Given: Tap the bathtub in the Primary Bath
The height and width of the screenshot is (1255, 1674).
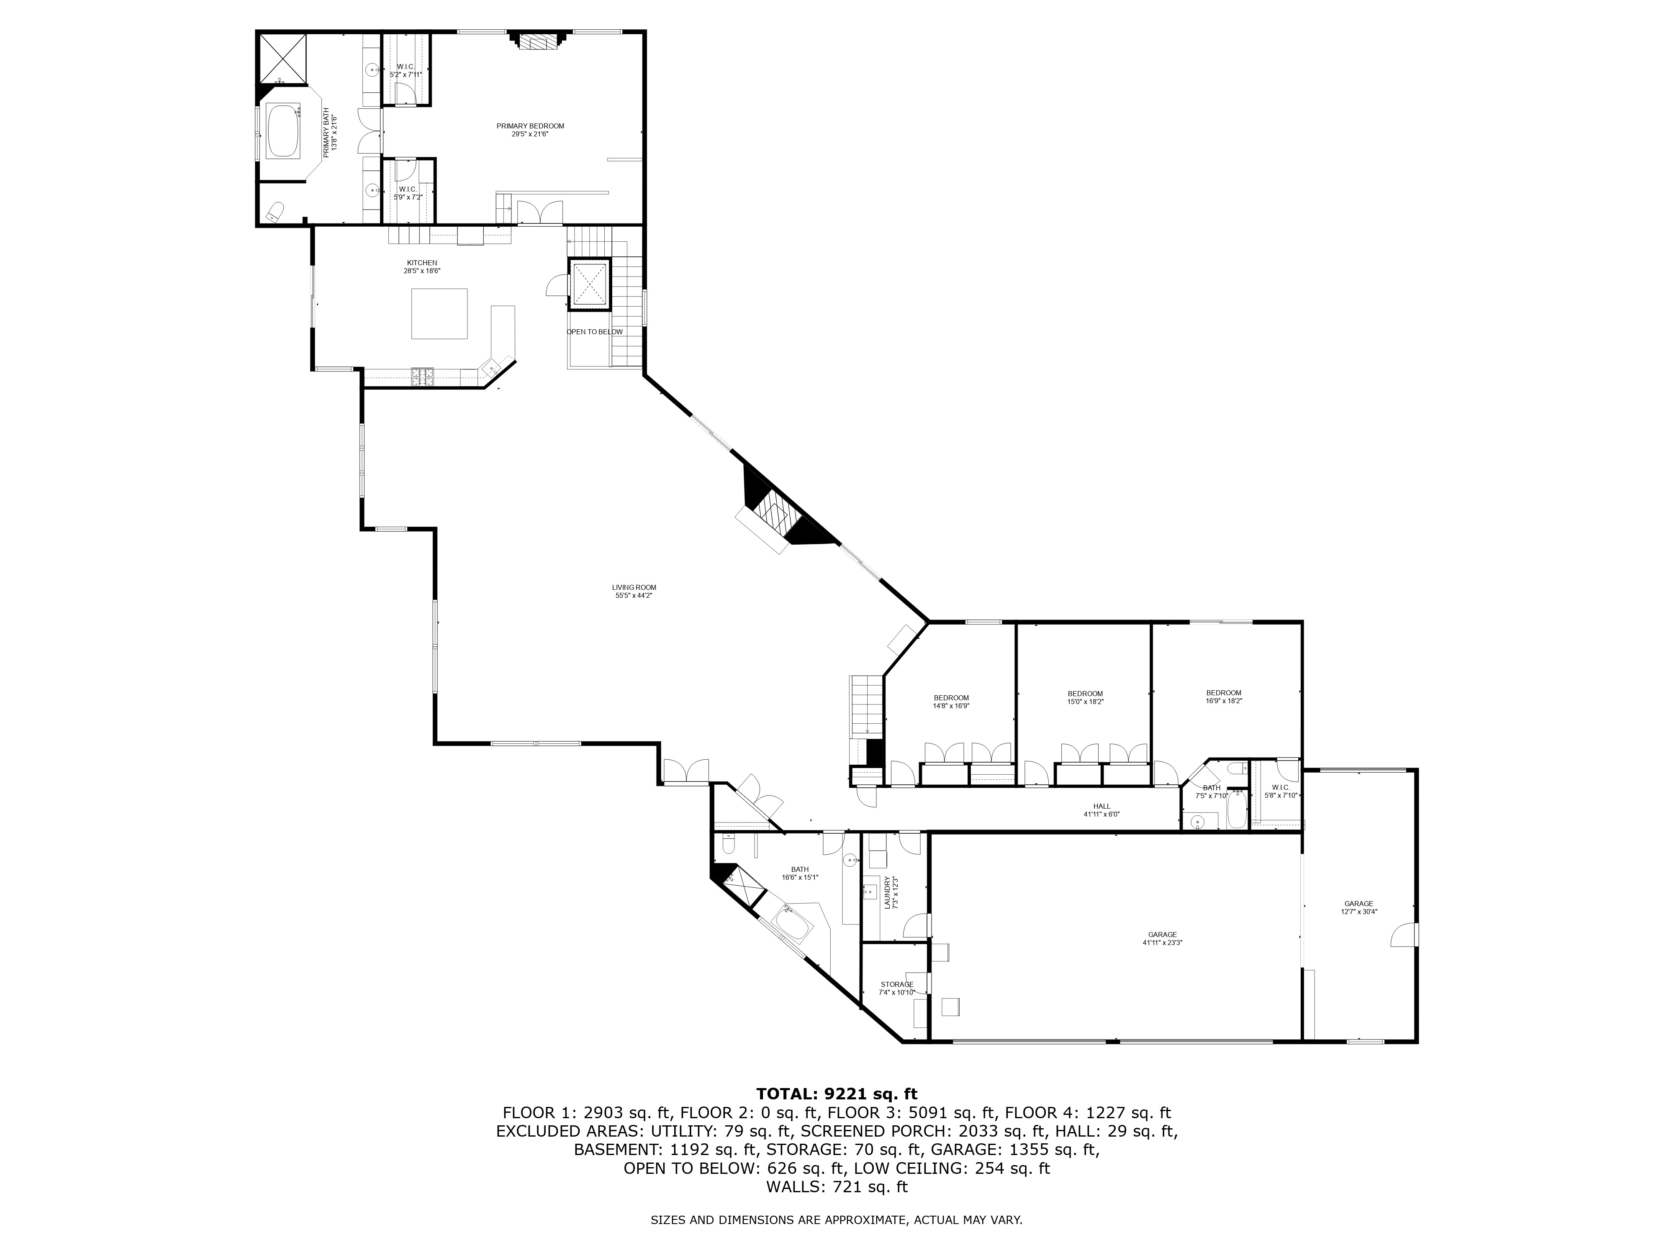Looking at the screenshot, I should (283, 131).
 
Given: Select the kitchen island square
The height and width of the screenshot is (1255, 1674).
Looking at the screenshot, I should (440, 313).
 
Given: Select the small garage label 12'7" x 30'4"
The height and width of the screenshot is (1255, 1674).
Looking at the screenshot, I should (1358, 907).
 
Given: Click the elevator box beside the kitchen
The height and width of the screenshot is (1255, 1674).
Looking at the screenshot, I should (589, 284).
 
